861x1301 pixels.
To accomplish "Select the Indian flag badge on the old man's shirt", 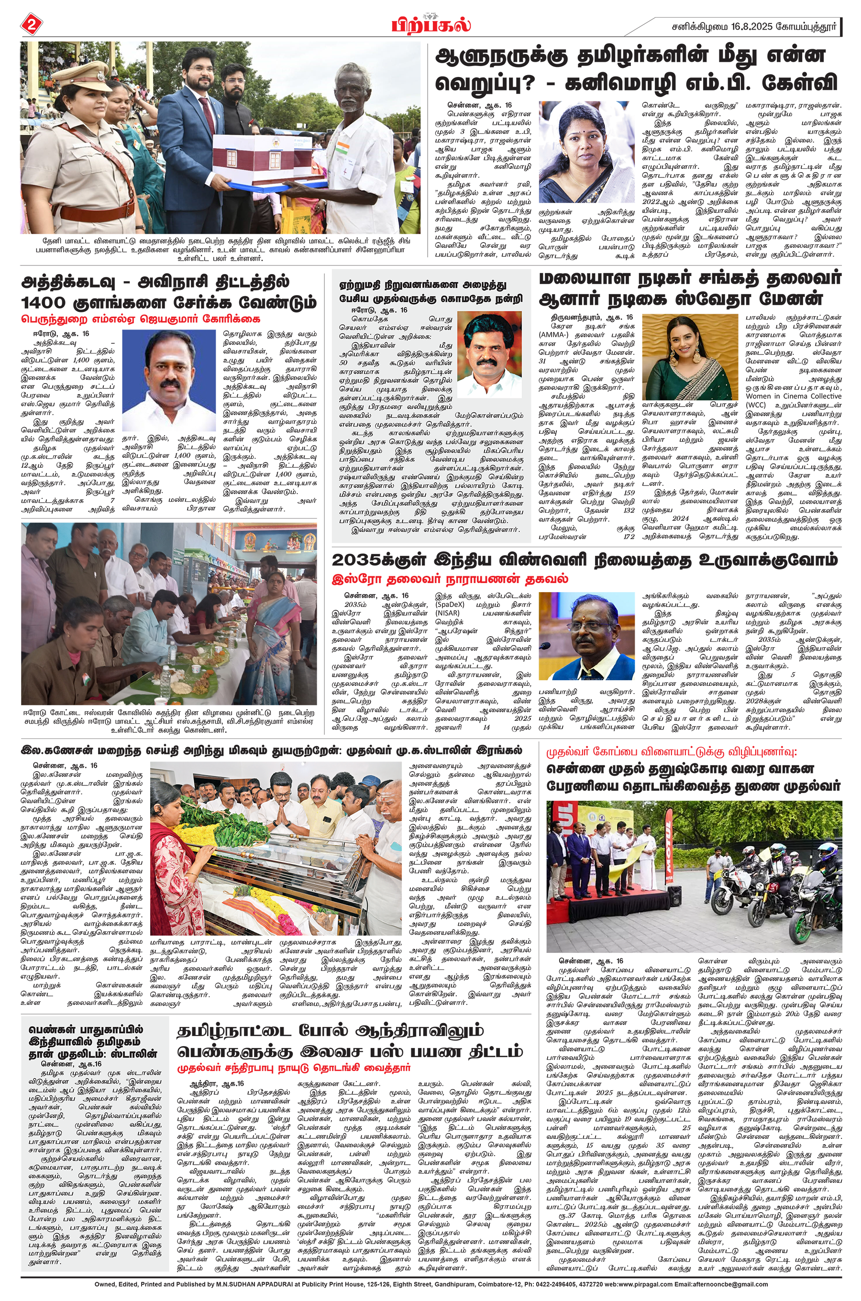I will pos(342,149).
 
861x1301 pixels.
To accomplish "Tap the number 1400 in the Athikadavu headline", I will pos(43,302).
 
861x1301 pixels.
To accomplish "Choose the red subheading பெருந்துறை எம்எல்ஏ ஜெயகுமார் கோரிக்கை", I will pos(140,319).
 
